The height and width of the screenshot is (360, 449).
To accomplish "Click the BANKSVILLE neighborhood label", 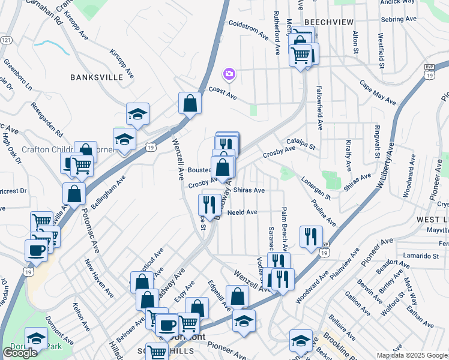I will click(97, 77).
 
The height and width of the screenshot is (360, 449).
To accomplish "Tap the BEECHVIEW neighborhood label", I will click(327, 21).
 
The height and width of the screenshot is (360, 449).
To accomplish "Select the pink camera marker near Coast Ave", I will click(229, 74).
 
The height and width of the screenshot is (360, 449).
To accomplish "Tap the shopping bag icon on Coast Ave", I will click(190, 103).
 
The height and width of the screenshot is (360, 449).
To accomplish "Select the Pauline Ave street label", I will click(324, 213).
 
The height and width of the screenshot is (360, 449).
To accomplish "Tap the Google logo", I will click(20, 353).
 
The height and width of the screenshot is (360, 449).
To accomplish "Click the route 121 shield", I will click(6, 40).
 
